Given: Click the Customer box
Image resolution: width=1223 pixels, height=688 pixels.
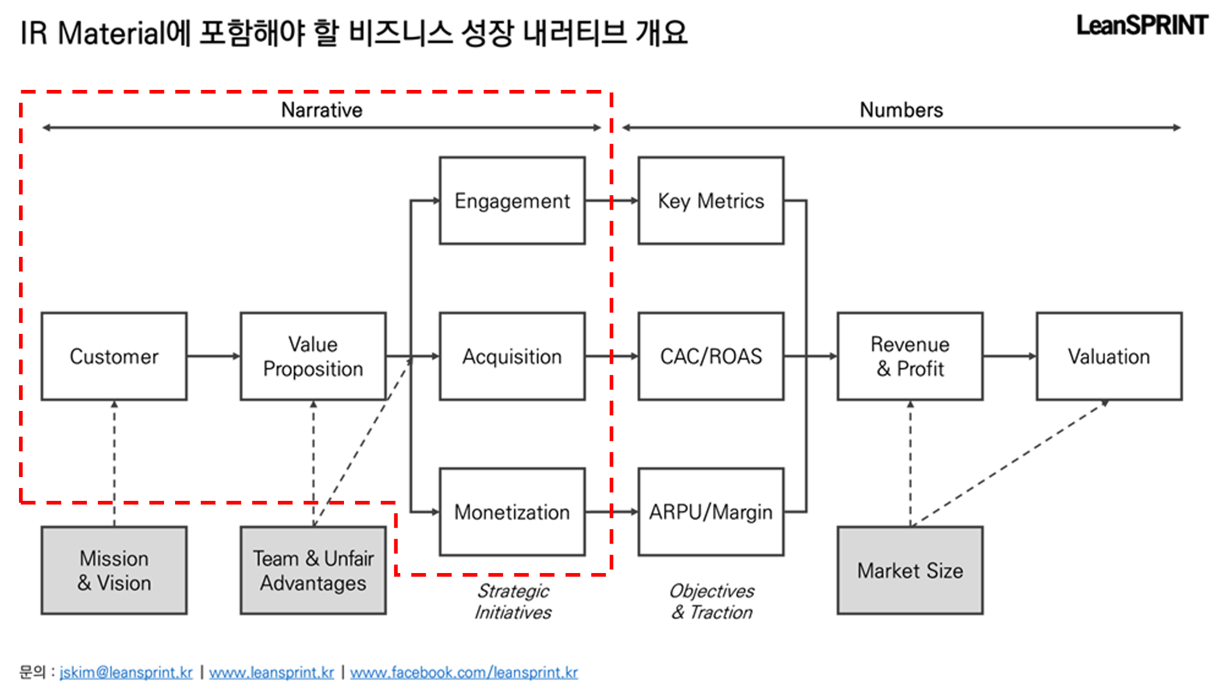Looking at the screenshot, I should (114, 357).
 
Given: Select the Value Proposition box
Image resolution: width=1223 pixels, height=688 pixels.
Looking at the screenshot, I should (313, 357).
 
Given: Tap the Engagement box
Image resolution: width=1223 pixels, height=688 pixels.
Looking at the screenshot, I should (512, 201).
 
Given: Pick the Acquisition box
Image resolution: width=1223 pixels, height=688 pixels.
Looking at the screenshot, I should (512, 357).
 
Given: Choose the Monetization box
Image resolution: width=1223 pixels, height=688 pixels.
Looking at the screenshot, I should (512, 512).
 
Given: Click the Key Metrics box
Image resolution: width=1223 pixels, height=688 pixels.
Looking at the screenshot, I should (711, 201).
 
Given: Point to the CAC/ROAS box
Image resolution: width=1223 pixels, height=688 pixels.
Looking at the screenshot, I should (711, 357).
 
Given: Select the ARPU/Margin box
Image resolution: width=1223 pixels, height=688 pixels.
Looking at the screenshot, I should (711, 512).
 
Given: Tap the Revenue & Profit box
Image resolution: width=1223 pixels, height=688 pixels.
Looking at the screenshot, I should (910, 357).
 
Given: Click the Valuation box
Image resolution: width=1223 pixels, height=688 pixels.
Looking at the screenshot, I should (1109, 357).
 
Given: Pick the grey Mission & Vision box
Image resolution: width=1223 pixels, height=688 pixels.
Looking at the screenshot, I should (114, 570).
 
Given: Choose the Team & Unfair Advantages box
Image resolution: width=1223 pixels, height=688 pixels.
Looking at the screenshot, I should (313, 570).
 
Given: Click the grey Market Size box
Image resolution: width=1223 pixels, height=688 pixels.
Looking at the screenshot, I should (910, 570).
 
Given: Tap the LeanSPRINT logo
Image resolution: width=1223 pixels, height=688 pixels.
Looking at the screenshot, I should (1142, 26).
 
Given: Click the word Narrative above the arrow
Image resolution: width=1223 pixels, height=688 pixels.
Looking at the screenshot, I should (321, 110).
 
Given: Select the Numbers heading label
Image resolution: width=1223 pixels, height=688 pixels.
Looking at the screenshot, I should (901, 110).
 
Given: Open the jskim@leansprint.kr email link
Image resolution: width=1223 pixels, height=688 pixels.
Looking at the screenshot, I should (126, 672).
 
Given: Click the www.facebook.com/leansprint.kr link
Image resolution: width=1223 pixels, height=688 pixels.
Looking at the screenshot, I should (463, 672).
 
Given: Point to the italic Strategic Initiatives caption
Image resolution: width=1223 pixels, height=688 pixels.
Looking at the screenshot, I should (513, 601).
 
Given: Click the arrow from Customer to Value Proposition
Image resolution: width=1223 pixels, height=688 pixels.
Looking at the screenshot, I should (213, 356).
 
